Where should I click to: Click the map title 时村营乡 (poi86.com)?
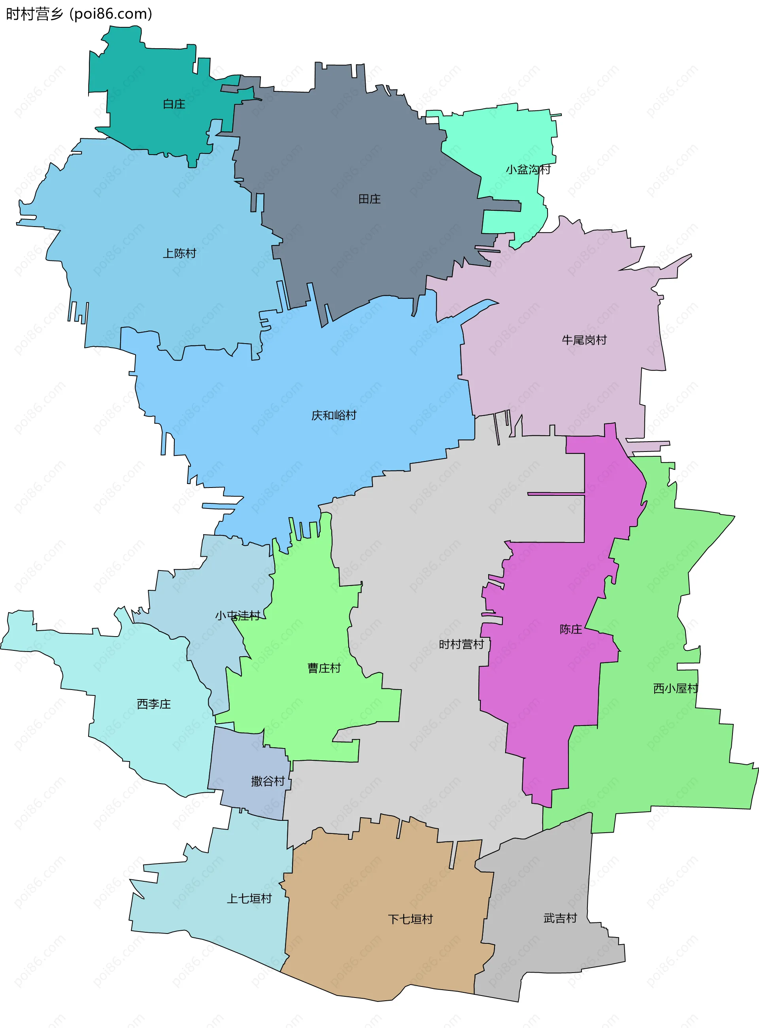79,14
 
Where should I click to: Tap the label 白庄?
174,104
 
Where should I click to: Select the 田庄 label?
369,199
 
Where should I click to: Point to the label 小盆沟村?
528,170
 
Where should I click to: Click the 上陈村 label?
179,253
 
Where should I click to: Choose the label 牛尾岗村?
584,340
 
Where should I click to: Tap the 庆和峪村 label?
334,416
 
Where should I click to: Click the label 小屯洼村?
238,615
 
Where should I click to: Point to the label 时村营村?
461,644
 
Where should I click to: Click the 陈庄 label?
570,629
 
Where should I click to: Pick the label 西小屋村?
675,688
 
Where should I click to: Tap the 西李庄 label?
154,704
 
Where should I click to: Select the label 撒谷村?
268,781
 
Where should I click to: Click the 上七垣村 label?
249,898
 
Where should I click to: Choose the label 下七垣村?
410,919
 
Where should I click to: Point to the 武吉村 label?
560,918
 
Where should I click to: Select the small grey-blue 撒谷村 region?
244,758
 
